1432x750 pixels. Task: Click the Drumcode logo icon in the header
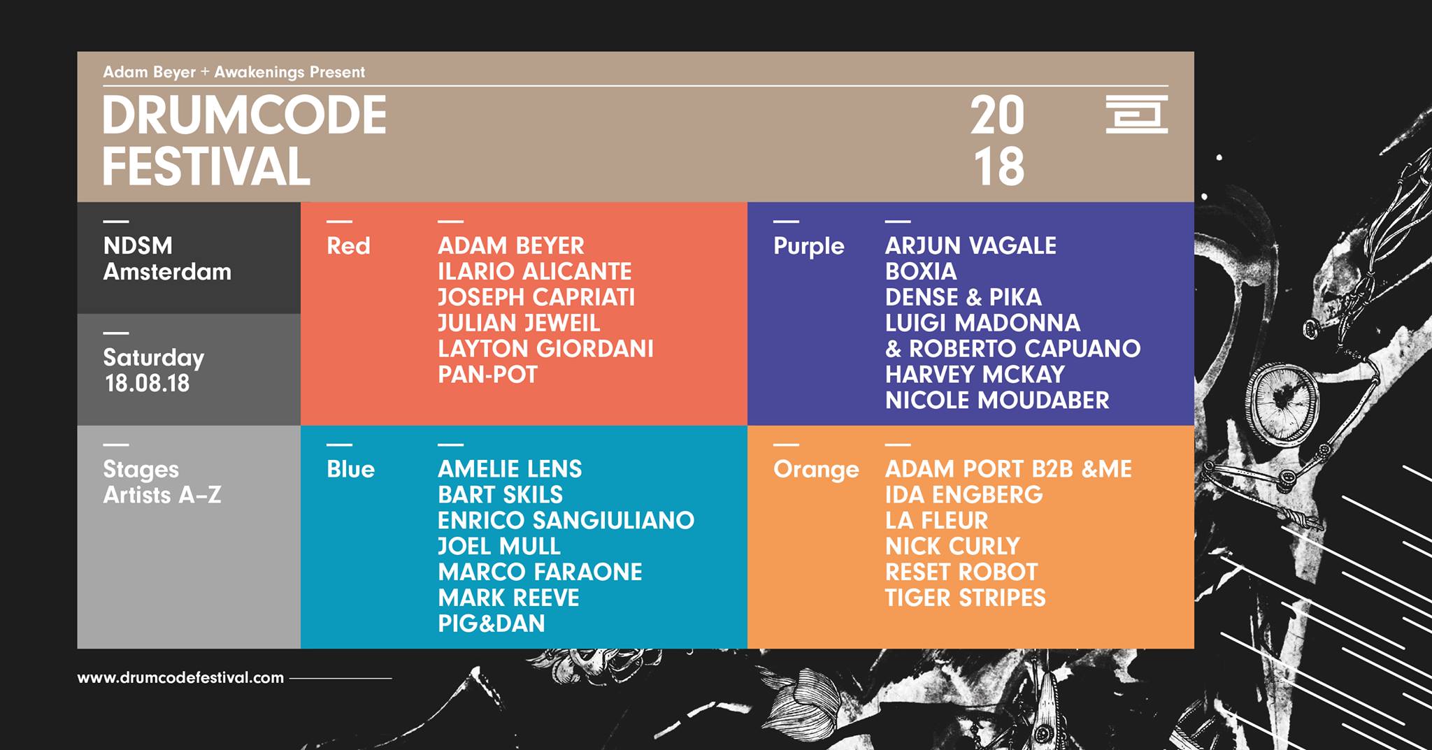point(1136,114)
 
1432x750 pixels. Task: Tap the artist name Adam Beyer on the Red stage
point(510,246)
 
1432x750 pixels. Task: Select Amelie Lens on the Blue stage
point(510,469)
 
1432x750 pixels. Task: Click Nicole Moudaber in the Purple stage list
point(997,401)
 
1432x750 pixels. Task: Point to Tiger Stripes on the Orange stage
point(965,598)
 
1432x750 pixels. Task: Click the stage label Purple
point(808,247)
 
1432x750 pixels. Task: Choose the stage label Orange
point(815,470)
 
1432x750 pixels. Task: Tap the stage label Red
point(348,246)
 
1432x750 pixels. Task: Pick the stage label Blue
point(350,469)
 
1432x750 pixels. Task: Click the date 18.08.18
point(147,384)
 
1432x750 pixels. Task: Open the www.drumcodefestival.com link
point(180,677)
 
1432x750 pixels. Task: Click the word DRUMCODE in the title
point(245,116)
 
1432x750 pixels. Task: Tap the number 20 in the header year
point(997,116)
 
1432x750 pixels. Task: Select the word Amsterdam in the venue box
point(167,272)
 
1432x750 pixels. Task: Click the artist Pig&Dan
point(491,623)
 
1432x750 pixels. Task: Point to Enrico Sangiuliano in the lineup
point(566,521)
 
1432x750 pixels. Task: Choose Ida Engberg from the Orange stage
point(964,495)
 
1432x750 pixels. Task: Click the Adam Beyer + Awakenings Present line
point(234,72)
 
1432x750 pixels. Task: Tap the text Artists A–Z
point(162,495)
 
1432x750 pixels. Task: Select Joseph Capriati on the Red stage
point(536,298)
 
